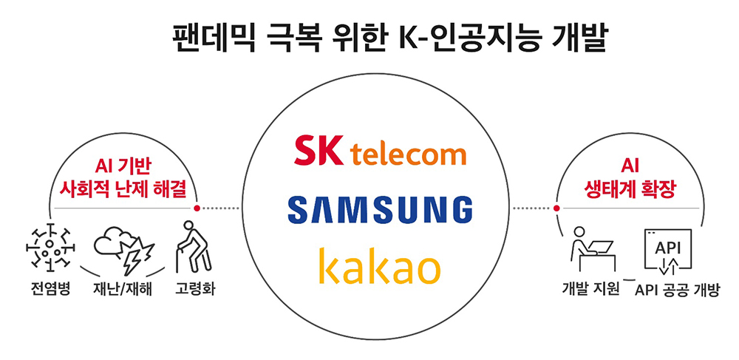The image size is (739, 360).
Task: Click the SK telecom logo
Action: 380,152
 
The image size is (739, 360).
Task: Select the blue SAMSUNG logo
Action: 380,209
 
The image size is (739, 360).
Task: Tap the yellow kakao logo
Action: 380,267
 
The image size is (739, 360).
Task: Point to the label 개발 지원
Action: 590,288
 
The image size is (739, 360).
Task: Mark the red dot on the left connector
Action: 197,208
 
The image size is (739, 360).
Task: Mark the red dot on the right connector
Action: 555,208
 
